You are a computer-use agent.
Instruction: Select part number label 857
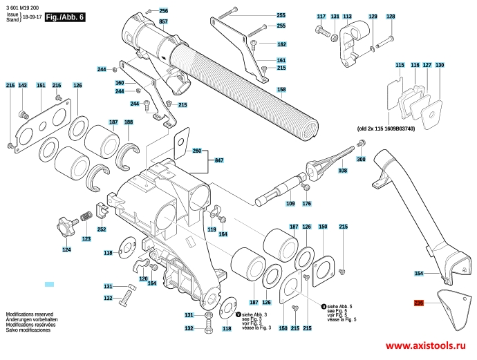click(x=164, y=22)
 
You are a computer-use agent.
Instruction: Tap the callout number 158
click(x=281, y=90)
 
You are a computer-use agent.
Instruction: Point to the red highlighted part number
click(x=418, y=303)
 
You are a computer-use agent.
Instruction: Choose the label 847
click(x=220, y=160)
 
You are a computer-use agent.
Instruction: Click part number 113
click(x=347, y=16)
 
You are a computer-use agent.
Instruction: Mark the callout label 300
click(x=361, y=160)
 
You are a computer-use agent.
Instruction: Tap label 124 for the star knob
click(x=66, y=249)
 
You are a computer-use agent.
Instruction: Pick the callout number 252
click(x=102, y=229)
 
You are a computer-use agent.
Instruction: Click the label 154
click(x=418, y=274)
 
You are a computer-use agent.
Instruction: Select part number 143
click(x=23, y=85)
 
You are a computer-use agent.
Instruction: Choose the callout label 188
click(x=129, y=122)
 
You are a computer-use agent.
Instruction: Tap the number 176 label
click(x=307, y=203)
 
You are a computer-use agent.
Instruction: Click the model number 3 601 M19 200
click(x=24, y=6)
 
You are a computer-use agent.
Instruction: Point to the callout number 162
click(x=281, y=44)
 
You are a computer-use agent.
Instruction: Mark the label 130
click(x=440, y=65)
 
